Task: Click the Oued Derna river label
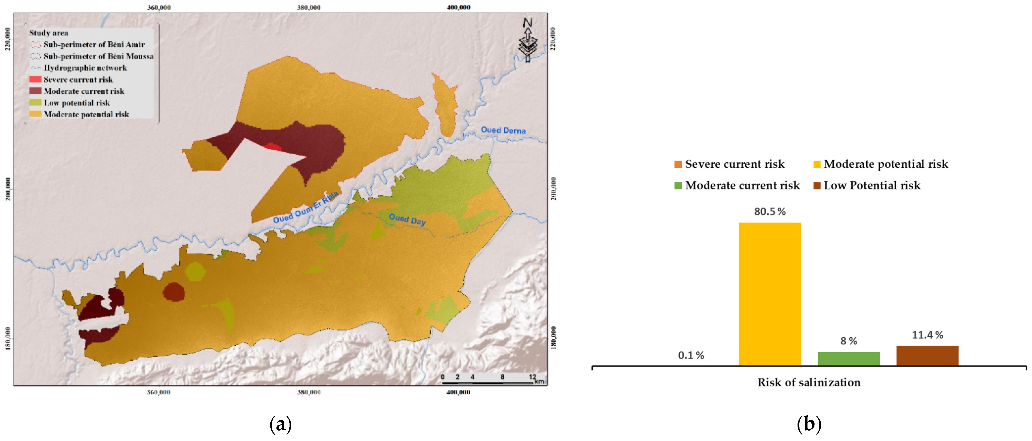[x=503, y=130]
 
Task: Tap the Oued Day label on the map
[x=407, y=219]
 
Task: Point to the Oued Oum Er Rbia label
[x=306, y=208]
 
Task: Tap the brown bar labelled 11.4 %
[x=927, y=356]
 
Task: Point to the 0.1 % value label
[x=691, y=355]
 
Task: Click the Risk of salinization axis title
[x=809, y=383]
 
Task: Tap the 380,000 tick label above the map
[x=308, y=7]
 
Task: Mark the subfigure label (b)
[x=809, y=424]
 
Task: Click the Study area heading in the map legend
[x=49, y=33]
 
